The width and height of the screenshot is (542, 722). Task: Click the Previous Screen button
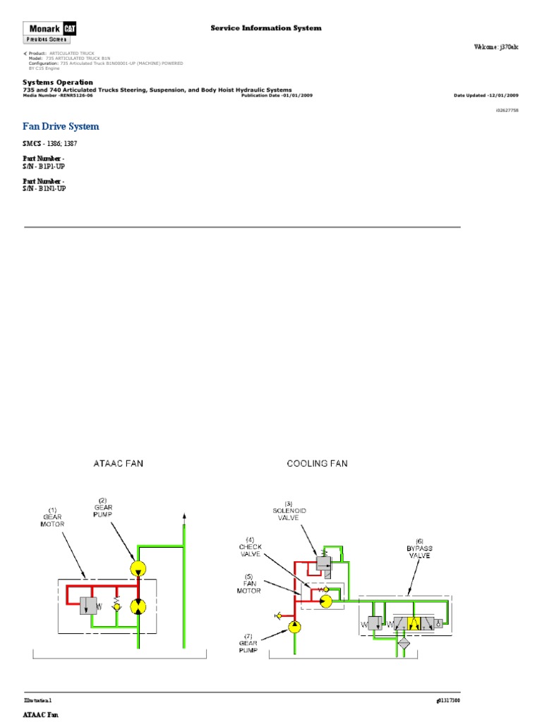[48, 39]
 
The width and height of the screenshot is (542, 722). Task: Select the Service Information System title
[266, 28]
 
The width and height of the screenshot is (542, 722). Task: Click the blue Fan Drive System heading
[61, 126]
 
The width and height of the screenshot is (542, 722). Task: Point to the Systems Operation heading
[58, 82]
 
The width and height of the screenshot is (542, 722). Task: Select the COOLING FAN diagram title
[317, 464]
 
